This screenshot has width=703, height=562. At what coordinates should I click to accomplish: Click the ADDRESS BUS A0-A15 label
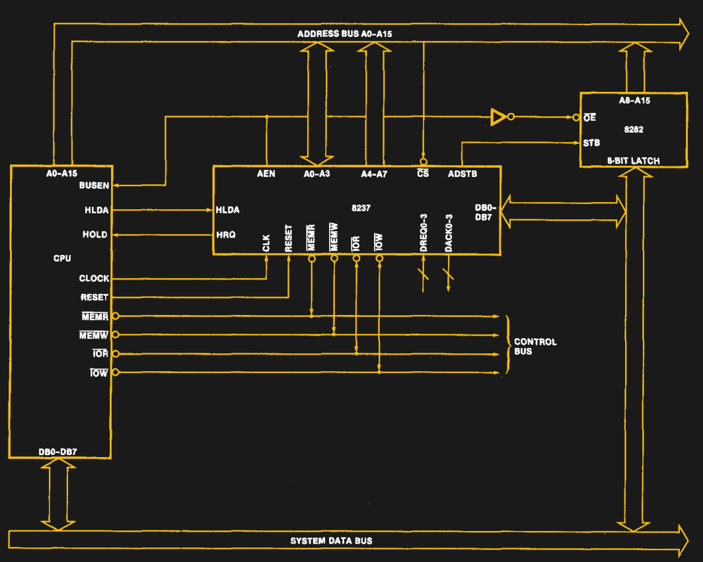[x=344, y=34]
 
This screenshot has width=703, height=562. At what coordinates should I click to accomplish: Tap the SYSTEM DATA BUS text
[x=331, y=541]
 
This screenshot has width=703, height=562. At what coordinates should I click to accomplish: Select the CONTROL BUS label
[x=535, y=347]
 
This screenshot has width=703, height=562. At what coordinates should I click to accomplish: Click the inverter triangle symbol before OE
[x=498, y=118]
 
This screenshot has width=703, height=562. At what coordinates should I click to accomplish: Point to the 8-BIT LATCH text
[x=633, y=160]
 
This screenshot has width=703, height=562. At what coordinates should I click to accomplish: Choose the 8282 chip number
[x=633, y=129]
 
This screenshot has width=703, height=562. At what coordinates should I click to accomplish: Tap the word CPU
[x=62, y=258]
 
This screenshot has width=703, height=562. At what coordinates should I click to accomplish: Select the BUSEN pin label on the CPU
[x=94, y=186]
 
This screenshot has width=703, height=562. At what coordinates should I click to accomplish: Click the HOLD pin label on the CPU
[x=94, y=234]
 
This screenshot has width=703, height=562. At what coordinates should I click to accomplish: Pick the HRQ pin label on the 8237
[x=226, y=234]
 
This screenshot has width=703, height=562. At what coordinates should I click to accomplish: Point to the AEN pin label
[x=266, y=174]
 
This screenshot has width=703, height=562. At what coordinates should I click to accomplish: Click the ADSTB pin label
[x=462, y=174]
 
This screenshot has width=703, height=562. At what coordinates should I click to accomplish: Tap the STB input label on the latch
[x=591, y=143]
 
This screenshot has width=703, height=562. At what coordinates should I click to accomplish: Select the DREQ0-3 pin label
[x=424, y=233]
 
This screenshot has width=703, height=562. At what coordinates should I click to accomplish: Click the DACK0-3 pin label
[x=449, y=233]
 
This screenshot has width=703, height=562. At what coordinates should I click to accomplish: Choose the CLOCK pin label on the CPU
[x=94, y=279]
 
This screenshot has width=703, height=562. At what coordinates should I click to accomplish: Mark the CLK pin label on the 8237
[x=266, y=243]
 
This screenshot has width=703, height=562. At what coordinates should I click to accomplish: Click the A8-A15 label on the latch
[x=634, y=100]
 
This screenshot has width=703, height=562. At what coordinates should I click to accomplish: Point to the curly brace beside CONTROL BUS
[x=507, y=345]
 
